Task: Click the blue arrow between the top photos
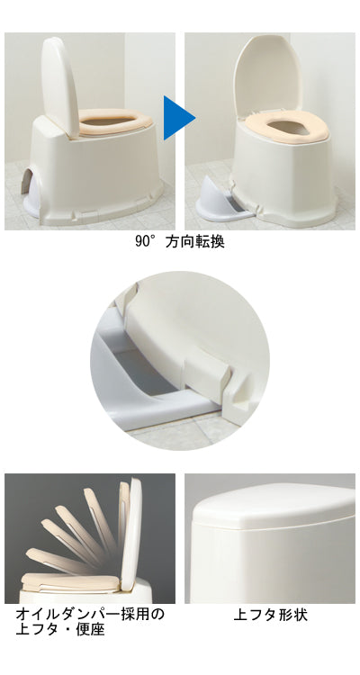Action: (178, 115)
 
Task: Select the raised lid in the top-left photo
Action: (58, 83)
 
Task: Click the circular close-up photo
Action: (179, 360)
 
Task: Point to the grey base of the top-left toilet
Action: (90, 212)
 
